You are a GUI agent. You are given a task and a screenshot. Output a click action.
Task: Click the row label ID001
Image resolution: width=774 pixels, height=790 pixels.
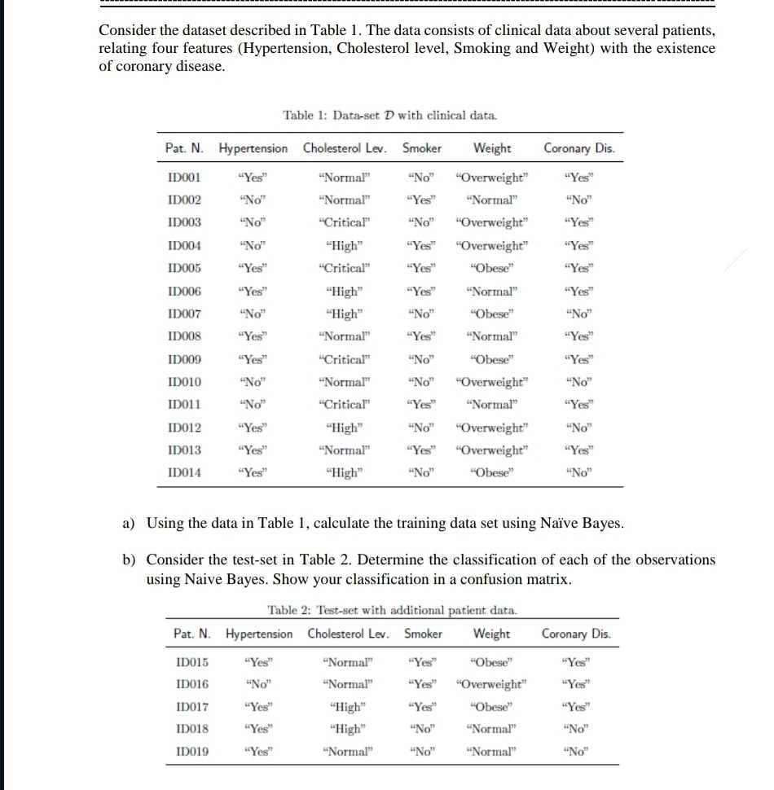tap(184, 177)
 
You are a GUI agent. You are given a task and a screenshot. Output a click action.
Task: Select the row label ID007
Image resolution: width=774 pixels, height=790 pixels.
tap(184, 314)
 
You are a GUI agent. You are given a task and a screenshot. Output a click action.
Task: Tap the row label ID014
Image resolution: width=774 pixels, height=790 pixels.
tap(184, 472)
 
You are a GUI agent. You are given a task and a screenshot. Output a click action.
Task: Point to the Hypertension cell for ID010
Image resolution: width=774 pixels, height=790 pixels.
tap(252, 382)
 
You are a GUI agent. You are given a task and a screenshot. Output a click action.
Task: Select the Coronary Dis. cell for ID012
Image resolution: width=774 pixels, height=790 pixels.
tap(582, 428)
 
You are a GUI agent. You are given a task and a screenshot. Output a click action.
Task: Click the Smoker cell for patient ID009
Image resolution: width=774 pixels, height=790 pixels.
tap(420, 359)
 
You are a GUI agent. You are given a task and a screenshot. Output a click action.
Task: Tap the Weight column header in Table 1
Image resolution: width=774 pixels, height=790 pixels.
tap(492, 148)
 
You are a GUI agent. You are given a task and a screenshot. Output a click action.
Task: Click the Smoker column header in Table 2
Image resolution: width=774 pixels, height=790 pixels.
tap(423, 634)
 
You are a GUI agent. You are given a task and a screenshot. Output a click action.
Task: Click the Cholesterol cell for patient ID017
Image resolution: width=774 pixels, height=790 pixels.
tap(346, 706)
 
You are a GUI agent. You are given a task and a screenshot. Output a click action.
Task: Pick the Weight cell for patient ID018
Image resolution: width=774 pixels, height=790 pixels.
tap(491, 729)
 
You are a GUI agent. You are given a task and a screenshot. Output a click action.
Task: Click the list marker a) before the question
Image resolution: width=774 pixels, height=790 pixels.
tap(129, 523)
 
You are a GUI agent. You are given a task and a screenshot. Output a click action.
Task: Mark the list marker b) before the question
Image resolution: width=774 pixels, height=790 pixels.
tap(129, 560)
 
